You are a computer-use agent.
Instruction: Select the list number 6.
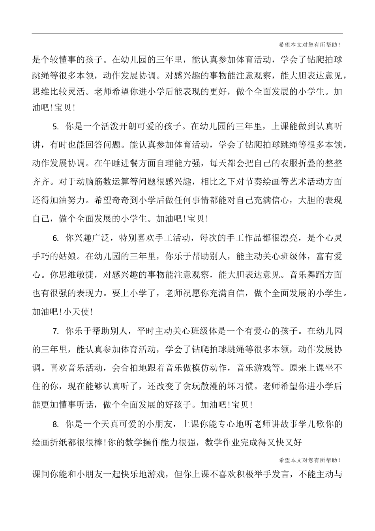55,238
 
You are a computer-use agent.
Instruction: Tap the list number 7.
55,331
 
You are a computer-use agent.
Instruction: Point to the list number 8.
55,424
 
